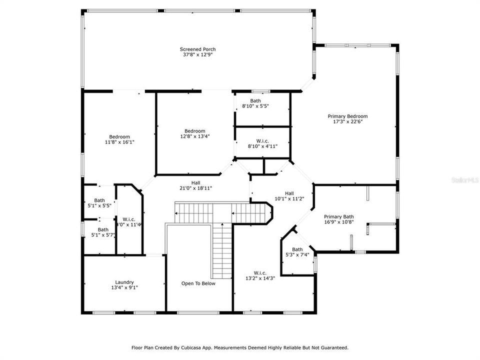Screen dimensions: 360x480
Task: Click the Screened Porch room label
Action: click(198, 49)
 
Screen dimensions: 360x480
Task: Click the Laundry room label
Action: click(124, 282)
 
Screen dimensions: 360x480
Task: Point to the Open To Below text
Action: click(198, 283)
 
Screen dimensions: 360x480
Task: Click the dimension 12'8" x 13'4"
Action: click(194, 136)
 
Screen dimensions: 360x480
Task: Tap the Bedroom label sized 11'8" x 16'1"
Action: click(119, 136)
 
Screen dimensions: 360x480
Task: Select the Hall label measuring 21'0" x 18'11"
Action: click(196, 183)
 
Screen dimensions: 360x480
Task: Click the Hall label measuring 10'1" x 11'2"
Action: click(289, 193)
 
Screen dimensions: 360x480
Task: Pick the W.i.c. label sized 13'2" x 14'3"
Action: click(260, 272)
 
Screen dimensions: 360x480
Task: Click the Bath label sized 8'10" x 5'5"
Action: click(255, 100)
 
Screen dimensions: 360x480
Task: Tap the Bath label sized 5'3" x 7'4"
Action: click(297, 249)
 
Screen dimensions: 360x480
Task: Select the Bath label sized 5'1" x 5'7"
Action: click(103, 229)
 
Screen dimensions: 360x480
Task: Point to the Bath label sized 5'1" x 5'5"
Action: click(99, 200)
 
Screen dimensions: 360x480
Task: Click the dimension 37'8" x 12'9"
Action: click(198, 55)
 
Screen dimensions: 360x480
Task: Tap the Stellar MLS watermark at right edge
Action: click(465, 178)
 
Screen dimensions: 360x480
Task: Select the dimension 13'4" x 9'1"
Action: click(124, 287)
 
